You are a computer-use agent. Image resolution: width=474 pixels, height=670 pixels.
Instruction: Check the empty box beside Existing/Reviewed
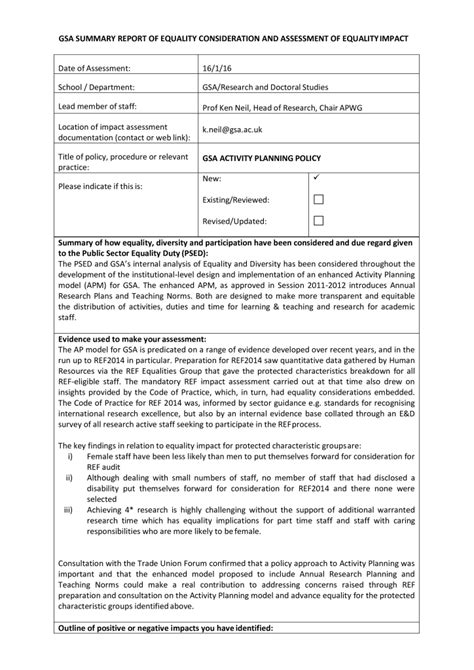(x=318, y=200)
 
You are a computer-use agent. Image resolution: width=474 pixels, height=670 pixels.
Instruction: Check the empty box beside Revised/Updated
(x=318, y=221)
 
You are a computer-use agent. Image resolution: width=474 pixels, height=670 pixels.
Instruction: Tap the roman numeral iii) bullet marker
(x=71, y=511)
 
